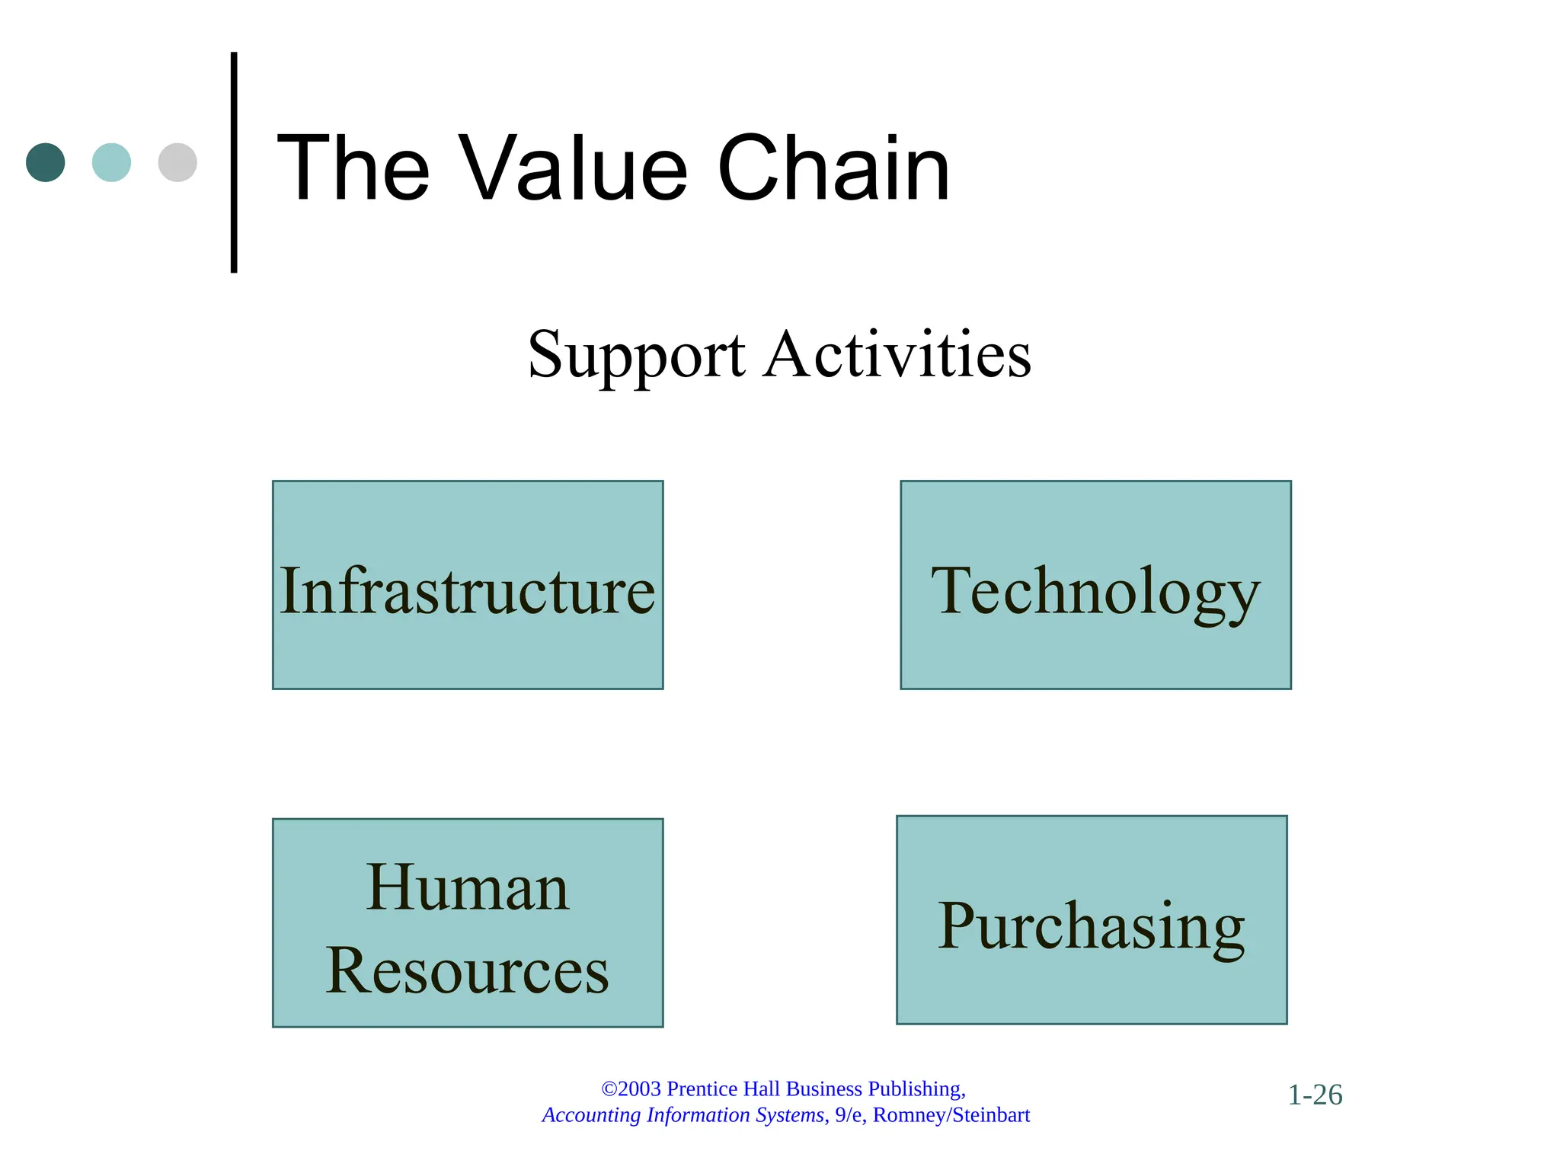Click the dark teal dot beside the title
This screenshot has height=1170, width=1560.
tap(46, 162)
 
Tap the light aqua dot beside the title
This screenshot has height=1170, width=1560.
tap(111, 162)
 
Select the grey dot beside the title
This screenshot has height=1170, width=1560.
tap(177, 162)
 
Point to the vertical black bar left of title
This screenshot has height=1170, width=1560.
tap(234, 162)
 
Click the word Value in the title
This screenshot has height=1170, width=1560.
tap(576, 168)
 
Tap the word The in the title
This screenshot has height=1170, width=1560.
tap(353, 168)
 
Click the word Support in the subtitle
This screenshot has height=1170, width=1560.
tap(636, 356)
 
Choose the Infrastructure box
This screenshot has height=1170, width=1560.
tap(468, 585)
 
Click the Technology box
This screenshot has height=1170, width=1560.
tap(1095, 585)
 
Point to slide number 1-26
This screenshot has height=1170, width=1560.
tap(1315, 1095)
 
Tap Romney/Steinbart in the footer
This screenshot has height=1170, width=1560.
tap(951, 1115)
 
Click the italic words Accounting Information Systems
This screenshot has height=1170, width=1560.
tap(683, 1115)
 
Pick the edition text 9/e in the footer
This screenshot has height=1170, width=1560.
tap(849, 1115)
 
